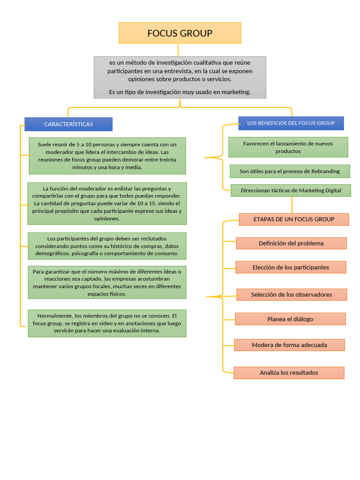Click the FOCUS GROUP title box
point(180,33)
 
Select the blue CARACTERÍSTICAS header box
point(68,124)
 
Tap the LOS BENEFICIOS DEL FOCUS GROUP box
point(291,123)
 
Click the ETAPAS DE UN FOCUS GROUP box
point(294,219)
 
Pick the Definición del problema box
point(291,243)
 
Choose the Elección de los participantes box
point(291,267)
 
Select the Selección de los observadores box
point(292,294)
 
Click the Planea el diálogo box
point(290,319)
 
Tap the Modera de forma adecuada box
point(289,345)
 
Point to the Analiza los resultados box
point(289,373)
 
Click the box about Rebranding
point(290,171)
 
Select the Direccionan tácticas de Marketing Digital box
point(291,190)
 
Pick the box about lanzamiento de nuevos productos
point(288,147)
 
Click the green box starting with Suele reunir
point(107,156)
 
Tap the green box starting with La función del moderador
point(107,203)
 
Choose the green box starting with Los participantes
point(107,246)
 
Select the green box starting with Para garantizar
point(107,283)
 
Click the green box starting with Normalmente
point(107,323)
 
